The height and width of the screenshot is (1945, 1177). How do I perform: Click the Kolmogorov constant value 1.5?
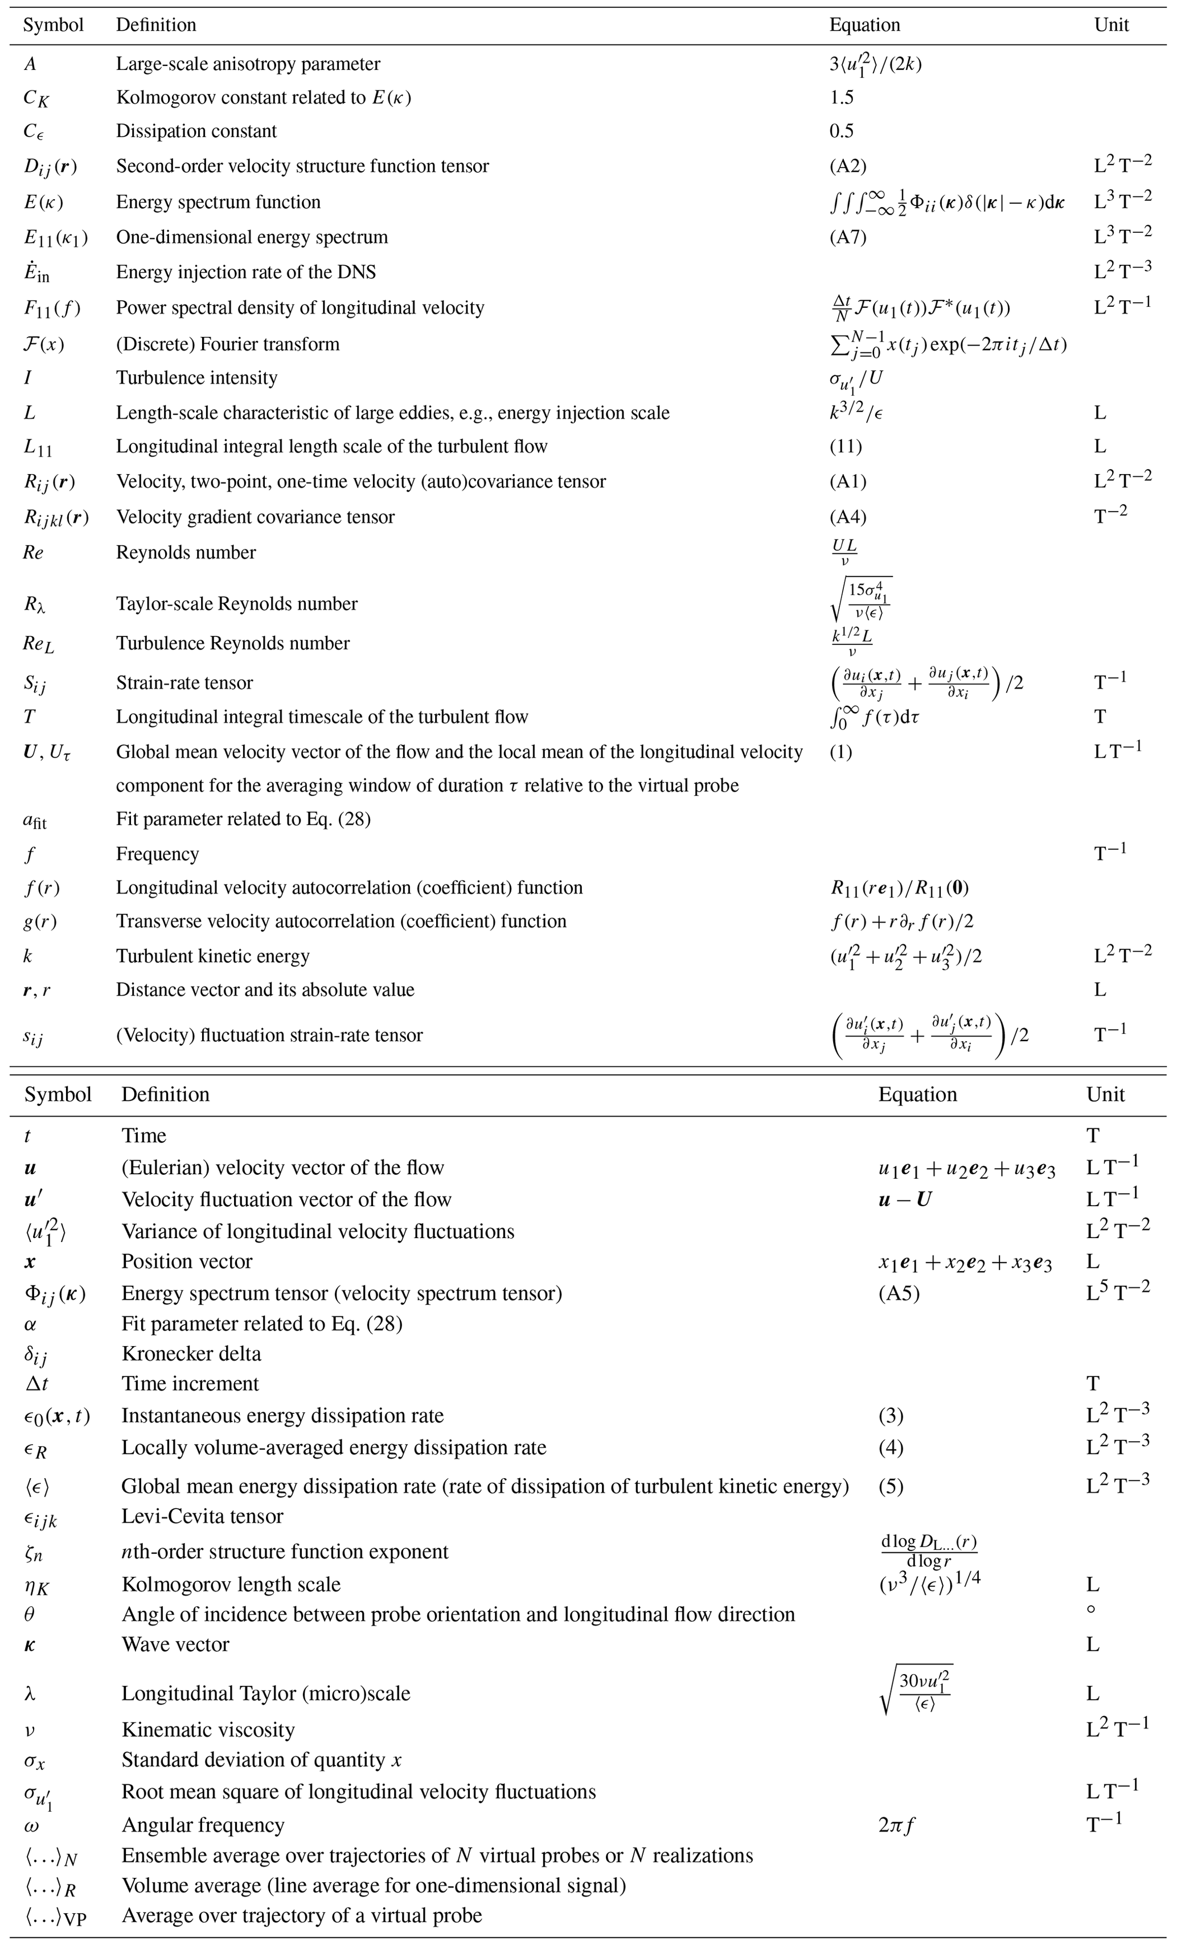(x=842, y=97)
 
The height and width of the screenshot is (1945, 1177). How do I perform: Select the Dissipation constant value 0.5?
(x=842, y=131)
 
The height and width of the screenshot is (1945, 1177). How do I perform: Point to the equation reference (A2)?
(x=848, y=166)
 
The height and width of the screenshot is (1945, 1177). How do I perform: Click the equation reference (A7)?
(x=848, y=237)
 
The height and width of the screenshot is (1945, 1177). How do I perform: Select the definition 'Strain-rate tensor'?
(x=184, y=683)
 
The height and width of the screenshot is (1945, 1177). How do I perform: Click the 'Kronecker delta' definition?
(x=191, y=1354)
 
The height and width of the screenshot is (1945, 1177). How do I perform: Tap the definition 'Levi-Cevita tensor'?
(x=202, y=1516)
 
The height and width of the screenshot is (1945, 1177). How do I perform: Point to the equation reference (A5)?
(x=899, y=1294)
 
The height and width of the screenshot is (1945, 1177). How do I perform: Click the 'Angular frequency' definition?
(x=203, y=1825)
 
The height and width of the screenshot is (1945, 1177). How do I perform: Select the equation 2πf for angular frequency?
(x=897, y=1825)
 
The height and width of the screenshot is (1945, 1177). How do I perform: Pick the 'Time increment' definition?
(x=190, y=1384)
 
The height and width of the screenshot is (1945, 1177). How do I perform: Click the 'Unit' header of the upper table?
(x=1112, y=25)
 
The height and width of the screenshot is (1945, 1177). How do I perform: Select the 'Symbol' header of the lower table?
(x=58, y=1095)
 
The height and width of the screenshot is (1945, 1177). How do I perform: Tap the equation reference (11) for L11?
(x=846, y=447)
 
